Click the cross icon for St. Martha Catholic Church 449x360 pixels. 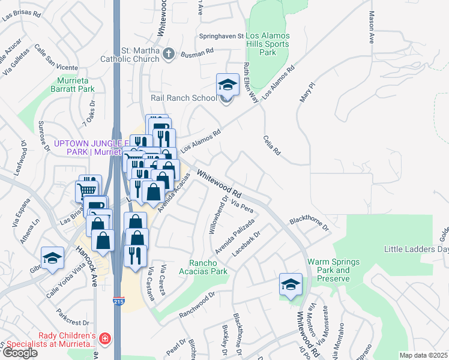coord(169,54)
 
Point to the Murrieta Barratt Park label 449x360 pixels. coord(76,85)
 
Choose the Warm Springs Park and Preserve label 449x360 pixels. coord(333,271)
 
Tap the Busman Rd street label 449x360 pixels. coord(197,53)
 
